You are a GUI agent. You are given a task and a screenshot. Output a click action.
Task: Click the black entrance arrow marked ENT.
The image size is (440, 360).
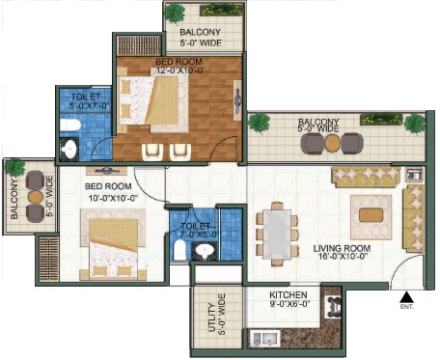(x=406, y=297)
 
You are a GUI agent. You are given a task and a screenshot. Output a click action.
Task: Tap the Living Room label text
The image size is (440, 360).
(x=342, y=248)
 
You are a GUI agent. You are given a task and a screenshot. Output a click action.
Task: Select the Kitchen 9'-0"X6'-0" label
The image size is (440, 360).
(x=289, y=299)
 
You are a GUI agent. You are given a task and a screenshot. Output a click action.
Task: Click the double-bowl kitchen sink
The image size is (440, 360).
(x=264, y=338)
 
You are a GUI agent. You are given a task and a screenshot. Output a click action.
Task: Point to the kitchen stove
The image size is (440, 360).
(x=334, y=307)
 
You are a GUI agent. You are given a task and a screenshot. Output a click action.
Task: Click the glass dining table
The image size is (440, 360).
(x=277, y=234)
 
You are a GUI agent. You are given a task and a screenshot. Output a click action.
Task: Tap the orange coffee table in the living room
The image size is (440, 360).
(x=371, y=215)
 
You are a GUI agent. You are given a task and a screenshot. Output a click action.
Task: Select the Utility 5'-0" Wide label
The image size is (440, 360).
(x=217, y=315)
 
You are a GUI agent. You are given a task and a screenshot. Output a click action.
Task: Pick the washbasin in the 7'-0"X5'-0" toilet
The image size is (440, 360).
(x=203, y=251)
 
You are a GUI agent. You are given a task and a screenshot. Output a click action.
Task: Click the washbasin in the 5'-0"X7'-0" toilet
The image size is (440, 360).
(x=69, y=149)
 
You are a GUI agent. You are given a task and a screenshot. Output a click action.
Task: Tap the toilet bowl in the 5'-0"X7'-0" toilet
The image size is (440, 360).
(x=70, y=125)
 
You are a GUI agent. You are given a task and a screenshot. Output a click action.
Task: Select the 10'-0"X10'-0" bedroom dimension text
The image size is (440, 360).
(x=113, y=198)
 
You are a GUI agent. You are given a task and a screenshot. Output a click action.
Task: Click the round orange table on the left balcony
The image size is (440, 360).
(x=36, y=197)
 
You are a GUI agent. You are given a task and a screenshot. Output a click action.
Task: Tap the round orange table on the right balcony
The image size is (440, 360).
(x=332, y=143)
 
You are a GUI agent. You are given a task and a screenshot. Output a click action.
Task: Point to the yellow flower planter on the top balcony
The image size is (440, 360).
(x=221, y=10)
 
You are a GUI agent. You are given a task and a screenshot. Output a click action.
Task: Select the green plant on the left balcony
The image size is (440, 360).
(x=14, y=167)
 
